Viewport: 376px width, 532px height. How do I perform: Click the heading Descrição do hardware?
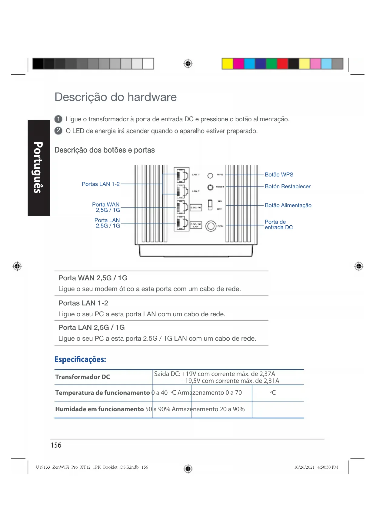[x=115, y=97]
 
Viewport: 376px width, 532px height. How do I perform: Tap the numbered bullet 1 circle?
[x=58, y=119]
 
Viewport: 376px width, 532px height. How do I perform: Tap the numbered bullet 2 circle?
[x=58, y=131]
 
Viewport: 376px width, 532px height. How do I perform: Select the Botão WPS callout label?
[x=279, y=175]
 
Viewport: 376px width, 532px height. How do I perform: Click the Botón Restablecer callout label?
[x=287, y=187]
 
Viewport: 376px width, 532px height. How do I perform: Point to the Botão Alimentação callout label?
[x=288, y=205]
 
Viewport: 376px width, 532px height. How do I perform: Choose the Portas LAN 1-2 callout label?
[x=101, y=184]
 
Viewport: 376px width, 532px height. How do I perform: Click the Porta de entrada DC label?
[x=278, y=225]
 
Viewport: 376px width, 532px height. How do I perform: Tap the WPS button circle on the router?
[x=210, y=176]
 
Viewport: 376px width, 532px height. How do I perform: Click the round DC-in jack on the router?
[x=211, y=226]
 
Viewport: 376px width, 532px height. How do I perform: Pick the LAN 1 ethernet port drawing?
[x=182, y=176]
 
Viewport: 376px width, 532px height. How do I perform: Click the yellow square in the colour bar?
[x=227, y=64]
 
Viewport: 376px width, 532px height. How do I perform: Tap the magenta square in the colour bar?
[x=238, y=64]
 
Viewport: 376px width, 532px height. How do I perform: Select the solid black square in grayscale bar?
[x=38, y=64]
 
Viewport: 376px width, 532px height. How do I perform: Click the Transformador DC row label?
[x=82, y=377]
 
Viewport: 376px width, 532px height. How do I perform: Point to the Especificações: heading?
[x=80, y=359]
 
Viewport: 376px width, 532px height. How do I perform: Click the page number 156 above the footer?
[x=56, y=445]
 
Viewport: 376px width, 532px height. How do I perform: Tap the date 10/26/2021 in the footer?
[x=304, y=467]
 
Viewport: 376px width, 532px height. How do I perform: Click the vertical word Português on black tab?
[x=38, y=167]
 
